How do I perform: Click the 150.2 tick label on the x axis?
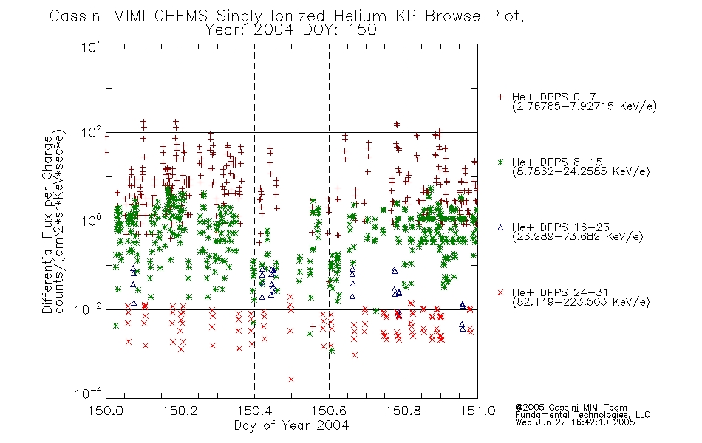(x=180, y=411)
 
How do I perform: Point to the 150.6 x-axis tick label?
(x=329, y=411)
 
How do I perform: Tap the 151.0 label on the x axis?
(x=477, y=411)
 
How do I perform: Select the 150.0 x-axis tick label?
(x=106, y=411)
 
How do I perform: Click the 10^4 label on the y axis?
(x=92, y=47)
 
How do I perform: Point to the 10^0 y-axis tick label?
(x=92, y=221)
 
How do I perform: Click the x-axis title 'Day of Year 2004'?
(x=291, y=425)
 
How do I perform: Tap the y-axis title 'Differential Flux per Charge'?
(x=47, y=224)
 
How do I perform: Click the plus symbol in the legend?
(x=500, y=97)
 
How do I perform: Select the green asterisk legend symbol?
(x=500, y=162)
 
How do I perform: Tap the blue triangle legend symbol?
(x=500, y=227)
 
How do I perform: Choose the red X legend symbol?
(x=500, y=292)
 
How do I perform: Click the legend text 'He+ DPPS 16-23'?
(x=561, y=227)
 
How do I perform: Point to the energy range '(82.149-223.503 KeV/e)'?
(x=581, y=302)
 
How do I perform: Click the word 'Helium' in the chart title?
(x=361, y=16)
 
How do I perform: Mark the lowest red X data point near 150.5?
(x=291, y=380)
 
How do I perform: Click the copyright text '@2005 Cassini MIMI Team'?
(x=570, y=408)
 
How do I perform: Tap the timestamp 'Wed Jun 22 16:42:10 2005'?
(x=575, y=422)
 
